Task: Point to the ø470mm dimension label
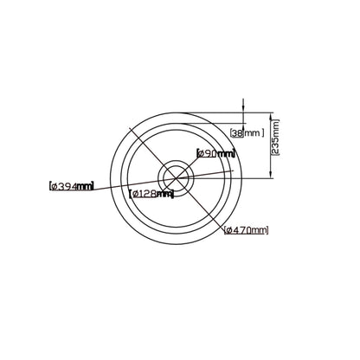coord(246,229)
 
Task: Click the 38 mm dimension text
coord(247,132)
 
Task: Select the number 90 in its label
coord(211,153)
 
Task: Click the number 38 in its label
coord(239,132)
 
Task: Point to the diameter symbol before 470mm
coord(230,229)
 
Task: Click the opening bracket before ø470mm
coord(225,229)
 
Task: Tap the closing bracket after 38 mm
coord(261,132)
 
